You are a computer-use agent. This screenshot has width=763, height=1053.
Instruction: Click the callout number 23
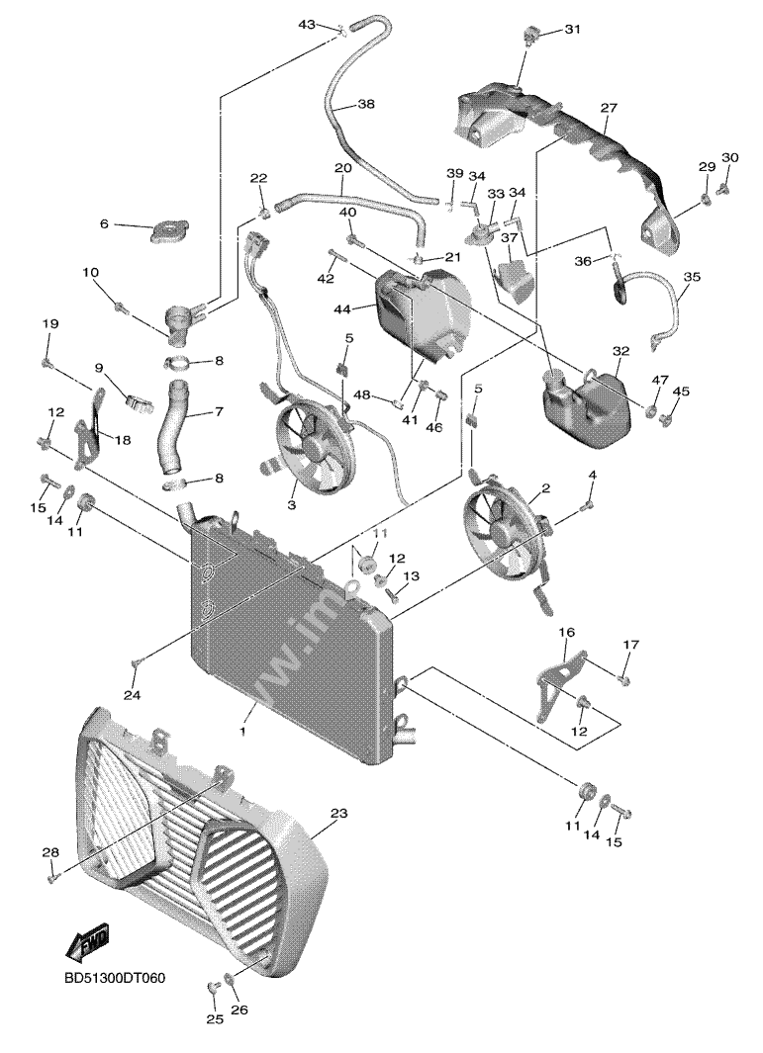click(x=338, y=815)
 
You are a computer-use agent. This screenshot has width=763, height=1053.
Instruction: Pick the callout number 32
click(x=620, y=351)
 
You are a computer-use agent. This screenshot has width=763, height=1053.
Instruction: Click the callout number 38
click(x=366, y=104)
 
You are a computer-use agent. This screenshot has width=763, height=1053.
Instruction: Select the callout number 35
click(x=691, y=278)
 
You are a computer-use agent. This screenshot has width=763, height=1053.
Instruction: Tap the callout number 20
click(x=343, y=168)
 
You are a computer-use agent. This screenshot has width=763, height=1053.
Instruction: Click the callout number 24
click(x=132, y=695)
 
